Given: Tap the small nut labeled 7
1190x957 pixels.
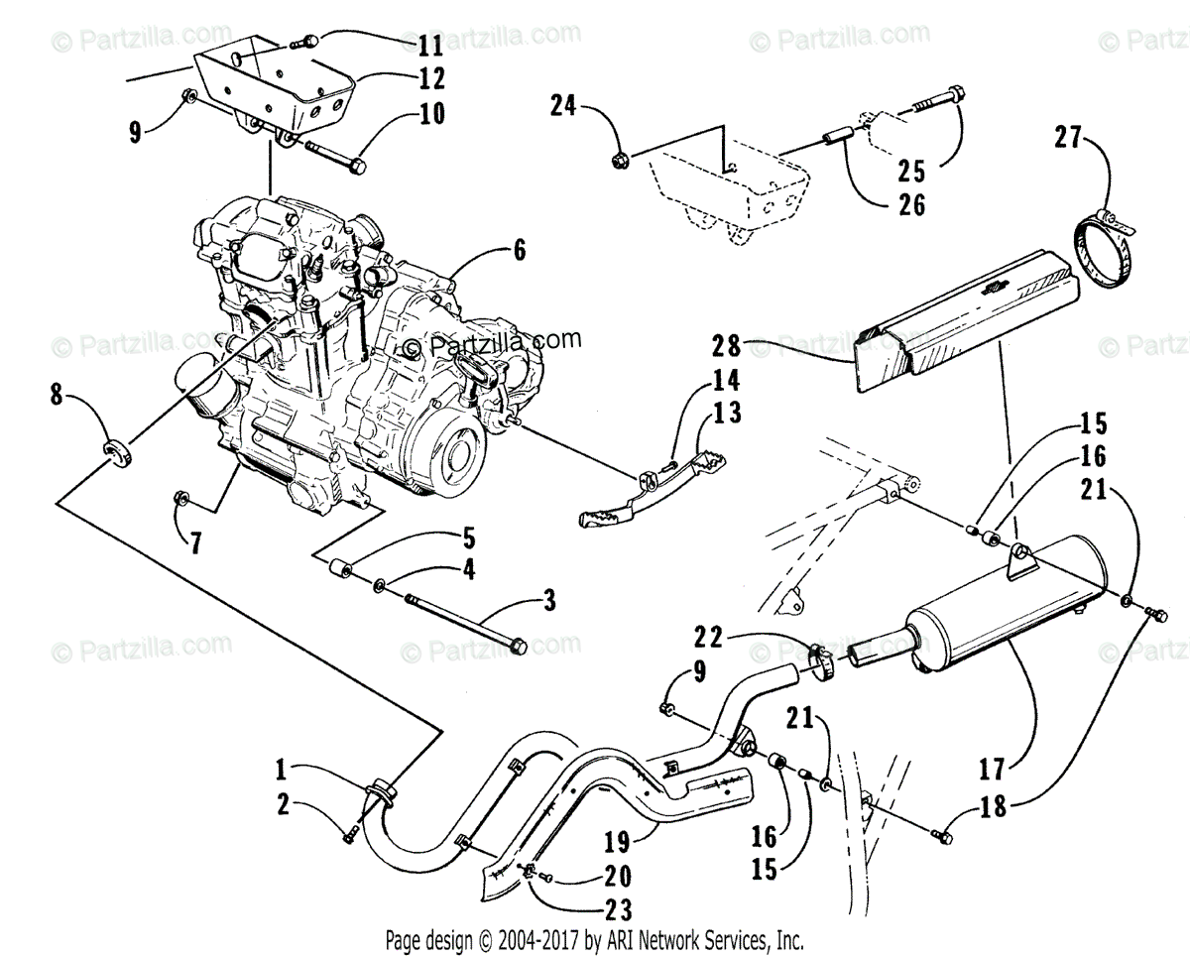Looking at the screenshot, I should tap(181, 497).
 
